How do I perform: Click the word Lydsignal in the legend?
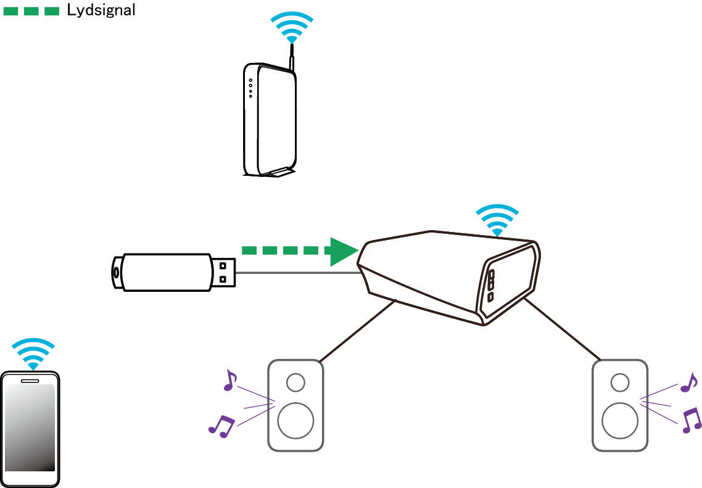tap(101, 10)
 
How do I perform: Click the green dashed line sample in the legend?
tap(31, 10)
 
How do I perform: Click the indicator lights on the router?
tap(250, 88)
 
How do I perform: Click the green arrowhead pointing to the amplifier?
tap(343, 250)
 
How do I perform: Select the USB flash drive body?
tap(163, 271)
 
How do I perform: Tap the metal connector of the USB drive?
tap(225, 271)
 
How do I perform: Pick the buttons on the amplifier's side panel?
tap(491, 285)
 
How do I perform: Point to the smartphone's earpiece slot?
tap(30, 381)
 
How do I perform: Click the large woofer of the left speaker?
tap(295, 420)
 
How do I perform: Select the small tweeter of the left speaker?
tap(295, 383)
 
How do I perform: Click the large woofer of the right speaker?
tap(620, 420)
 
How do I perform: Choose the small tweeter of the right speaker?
tap(620, 383)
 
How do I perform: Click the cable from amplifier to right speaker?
tap(561, 330)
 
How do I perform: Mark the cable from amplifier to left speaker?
tap(358, 331)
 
